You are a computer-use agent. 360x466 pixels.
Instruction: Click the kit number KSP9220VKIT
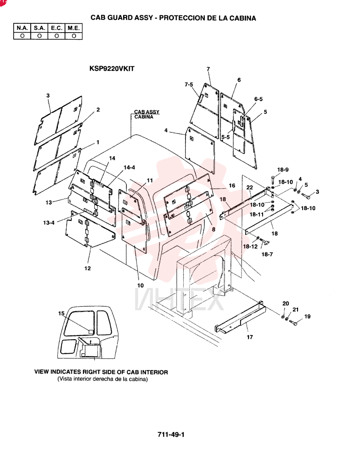(x=112, y=69)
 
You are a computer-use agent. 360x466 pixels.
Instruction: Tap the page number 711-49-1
(x=171, y=434)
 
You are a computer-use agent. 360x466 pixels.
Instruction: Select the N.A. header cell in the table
(x=22, y=28)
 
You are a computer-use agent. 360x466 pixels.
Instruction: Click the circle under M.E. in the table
(x=74, y=36)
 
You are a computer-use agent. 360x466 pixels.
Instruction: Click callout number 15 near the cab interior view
(x=61, y=314)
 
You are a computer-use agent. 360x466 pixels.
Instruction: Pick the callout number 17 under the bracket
(x=249, y=337)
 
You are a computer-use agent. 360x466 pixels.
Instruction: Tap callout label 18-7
(x=267, y=254)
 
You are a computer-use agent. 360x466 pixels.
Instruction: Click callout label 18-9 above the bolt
(x=283, y=170)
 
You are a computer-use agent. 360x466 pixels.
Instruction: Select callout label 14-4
(x=129, y=168)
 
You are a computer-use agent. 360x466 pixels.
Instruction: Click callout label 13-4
(x=49, y=223)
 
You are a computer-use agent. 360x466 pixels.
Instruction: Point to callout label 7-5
(x=189, y=85)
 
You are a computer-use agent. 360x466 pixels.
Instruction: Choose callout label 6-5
(x=258, y=99)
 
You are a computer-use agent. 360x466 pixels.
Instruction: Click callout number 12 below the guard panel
(x=88, y=268)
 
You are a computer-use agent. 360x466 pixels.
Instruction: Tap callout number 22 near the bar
(x=249, y=187)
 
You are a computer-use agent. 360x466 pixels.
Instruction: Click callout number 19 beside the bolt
(x=307, y=316)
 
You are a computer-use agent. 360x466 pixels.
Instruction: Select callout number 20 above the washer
(x=285, y=303)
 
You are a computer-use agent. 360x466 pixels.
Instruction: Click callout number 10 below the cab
(x=140, y=286)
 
